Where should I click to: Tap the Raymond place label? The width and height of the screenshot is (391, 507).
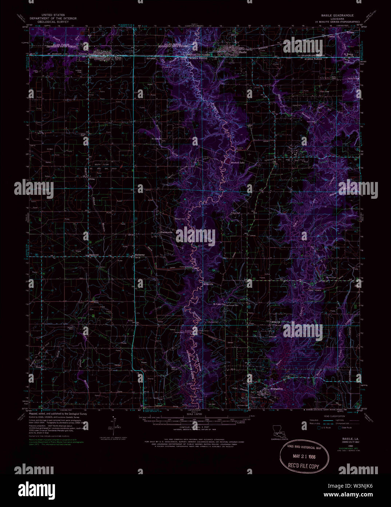(x=94, y=255)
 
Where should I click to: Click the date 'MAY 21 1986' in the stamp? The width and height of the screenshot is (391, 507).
(x=304, y=456)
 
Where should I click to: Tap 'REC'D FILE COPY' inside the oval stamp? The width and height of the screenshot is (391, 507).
(x=303, y=466)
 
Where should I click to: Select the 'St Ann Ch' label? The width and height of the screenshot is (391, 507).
(x=156, y=139)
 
